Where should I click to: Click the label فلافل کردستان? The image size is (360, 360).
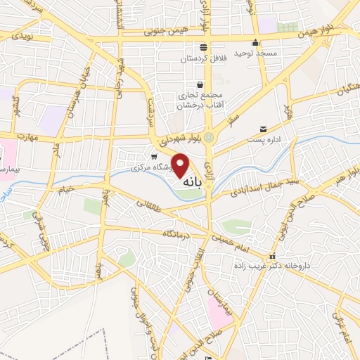(x=203, y=59)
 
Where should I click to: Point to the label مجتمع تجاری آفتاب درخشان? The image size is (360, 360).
(x=200, y=100)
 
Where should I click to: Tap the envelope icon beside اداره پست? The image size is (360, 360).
(x=263, y=129)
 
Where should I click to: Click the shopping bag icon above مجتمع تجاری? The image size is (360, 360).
(x=200, y=84)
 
